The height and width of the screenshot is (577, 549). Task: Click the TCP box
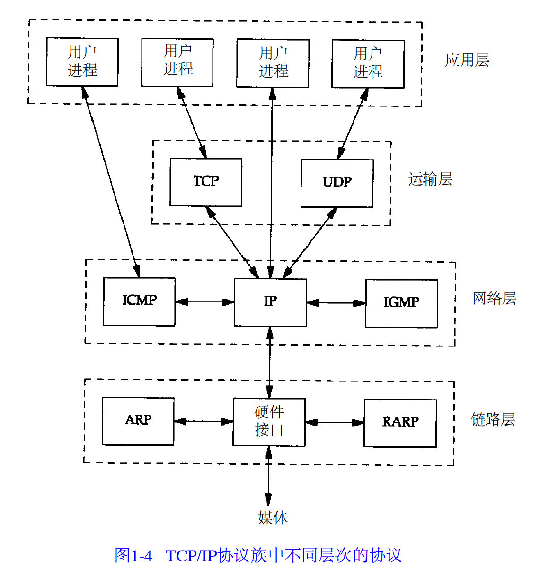coord(206,182)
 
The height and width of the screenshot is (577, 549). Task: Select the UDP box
coord(337,183)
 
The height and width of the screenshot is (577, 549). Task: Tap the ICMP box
coord(139,301)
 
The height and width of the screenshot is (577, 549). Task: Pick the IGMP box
coord(401,303)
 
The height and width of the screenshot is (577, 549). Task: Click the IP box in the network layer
coord(270,302)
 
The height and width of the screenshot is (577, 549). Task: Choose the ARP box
coord(138,421)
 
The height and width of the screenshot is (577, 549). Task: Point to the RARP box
coord(400,423)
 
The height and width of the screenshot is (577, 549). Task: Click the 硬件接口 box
coord(269,422)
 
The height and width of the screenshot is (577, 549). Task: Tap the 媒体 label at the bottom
coord(273,518)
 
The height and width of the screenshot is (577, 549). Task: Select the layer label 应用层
coord(467,60)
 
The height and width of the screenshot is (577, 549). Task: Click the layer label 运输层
coord(430,179)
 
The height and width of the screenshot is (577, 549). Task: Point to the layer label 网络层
coord(494,298)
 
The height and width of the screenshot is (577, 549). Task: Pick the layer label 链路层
coord(493,420)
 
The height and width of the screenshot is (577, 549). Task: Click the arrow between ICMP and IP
coord(205,302)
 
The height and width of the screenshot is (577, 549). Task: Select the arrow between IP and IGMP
coord(336,303)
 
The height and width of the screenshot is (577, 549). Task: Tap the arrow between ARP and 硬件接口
coord(203,421)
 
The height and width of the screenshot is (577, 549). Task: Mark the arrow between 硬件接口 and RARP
coord(335,422)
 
